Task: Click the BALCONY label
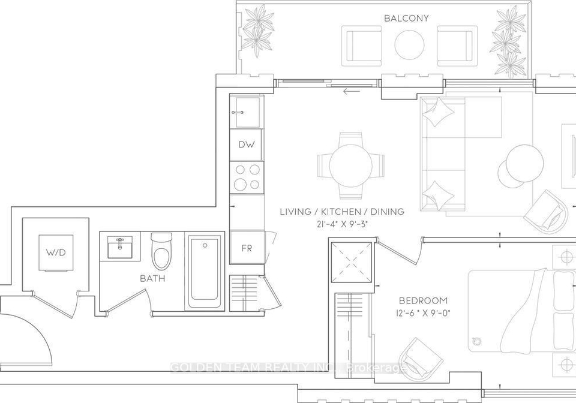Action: click(406, 18)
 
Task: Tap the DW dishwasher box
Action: click(247, 145)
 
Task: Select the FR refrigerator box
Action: click(247, 248)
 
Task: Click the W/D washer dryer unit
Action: click(56, 252)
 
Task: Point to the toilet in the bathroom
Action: click(161, 251)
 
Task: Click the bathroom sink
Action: click(120, 246)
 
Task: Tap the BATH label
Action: click(152, 278)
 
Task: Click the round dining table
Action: click(351, 166)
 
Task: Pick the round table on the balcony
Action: click(410, 44)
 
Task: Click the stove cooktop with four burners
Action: click(247, 178)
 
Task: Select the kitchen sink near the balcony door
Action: click(246, 112)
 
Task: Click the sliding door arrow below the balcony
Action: click(352, 91)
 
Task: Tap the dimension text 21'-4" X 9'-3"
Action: click(341, 224)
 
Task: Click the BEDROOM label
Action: click(423, 301)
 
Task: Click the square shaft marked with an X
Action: click(352, 262)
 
